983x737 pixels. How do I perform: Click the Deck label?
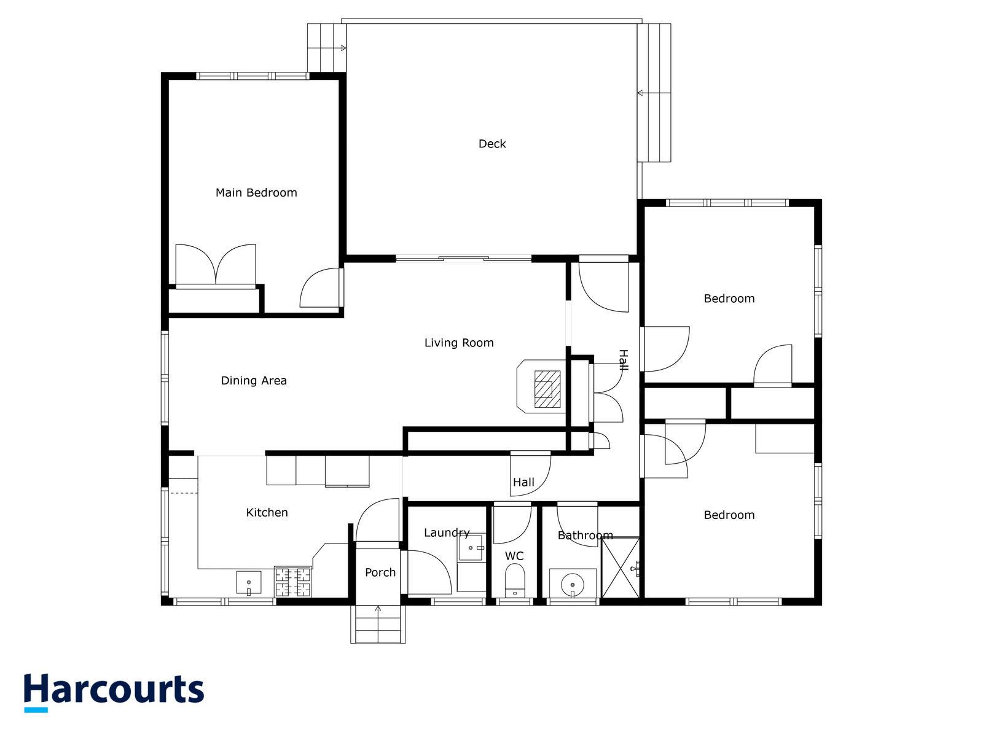coord(492,144)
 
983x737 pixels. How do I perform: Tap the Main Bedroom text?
coord(256,193)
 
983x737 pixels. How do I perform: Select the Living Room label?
coord(459,343)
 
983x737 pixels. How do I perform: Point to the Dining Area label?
coord(254,381)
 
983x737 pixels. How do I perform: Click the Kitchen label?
coord(267,512)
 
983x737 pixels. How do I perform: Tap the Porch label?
coord(380,572)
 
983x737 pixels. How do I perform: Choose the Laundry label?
coord(447,532)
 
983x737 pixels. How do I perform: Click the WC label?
coord(514,556)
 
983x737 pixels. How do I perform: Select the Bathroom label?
coord(585,536)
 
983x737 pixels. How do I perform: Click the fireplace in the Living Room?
coord(543,389)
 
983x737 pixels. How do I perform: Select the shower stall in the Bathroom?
coord(620,567)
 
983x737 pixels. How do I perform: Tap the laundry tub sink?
coord(471,547)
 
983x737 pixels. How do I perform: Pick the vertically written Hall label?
coord(623,360)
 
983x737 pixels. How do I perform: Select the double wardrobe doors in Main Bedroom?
coord(216,265)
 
